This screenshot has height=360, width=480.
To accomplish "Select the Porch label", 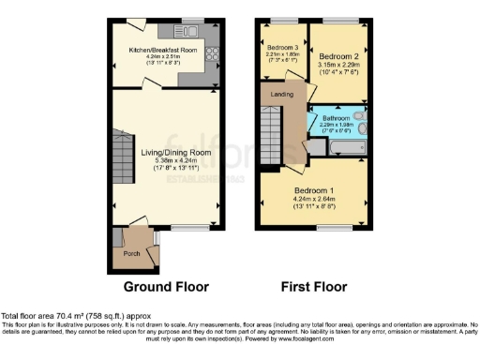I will point(128,253).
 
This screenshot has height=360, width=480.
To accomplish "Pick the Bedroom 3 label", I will point(282,47).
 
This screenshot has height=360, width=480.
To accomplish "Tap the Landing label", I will point(281,95).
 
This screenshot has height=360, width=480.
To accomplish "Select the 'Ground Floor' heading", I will point(166,286).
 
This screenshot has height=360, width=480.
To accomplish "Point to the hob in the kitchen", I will point(211,53).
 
